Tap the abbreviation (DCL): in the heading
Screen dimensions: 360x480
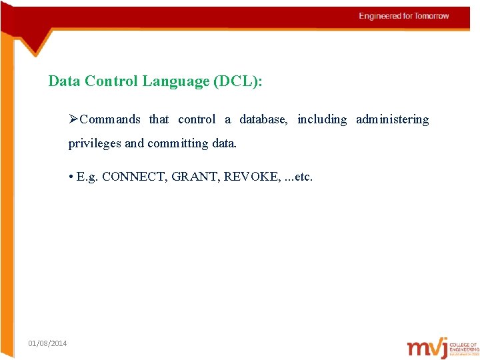point(238,81)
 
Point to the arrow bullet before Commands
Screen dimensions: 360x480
point(73,119)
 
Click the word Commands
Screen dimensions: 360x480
point(110,119)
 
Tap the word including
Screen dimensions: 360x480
point(322,119)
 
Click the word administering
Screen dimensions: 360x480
point(392,119)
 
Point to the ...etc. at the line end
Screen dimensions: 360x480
point(298,177)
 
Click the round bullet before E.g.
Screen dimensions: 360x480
point(71,177)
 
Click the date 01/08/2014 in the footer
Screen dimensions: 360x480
point(47,343)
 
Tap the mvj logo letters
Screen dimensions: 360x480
point(427,348)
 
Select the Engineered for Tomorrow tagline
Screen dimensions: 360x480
point(404,16)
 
